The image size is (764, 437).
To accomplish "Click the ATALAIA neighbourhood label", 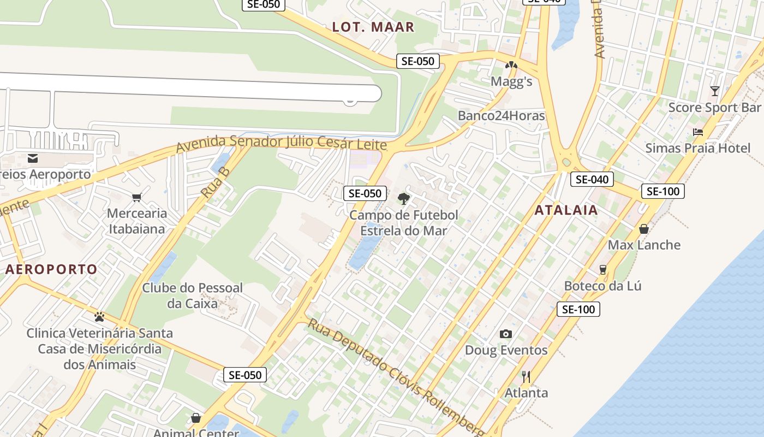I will click(x=566, y=210).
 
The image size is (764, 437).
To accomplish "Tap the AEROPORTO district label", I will click(x=51, y=269).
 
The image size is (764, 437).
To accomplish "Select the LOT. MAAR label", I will click(x=373, y=27).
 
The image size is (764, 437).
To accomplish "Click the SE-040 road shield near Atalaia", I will click(x=592, y=179).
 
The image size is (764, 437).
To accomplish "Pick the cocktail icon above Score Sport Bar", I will click(x=714, y=91).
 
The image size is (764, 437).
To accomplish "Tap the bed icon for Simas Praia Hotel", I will click(x=697, y=132).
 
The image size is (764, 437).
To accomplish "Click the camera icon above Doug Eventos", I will click(x=506, y=334).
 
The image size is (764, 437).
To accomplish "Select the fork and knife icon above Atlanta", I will click(x=526, y=376).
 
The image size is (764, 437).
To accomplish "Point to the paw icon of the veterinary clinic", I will click(x=99, y=316).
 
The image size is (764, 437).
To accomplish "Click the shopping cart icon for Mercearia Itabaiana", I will click(x=136, y=197).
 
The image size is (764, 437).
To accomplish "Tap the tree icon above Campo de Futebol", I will click(x=403, y=198).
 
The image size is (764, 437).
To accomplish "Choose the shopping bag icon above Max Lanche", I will click(x=644, y=228).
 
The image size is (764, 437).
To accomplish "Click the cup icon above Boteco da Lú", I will click(x=602, y=269).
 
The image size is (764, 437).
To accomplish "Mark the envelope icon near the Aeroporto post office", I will click(x=33, y=158).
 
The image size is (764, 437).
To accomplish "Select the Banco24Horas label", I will click(x=501, y=116).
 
